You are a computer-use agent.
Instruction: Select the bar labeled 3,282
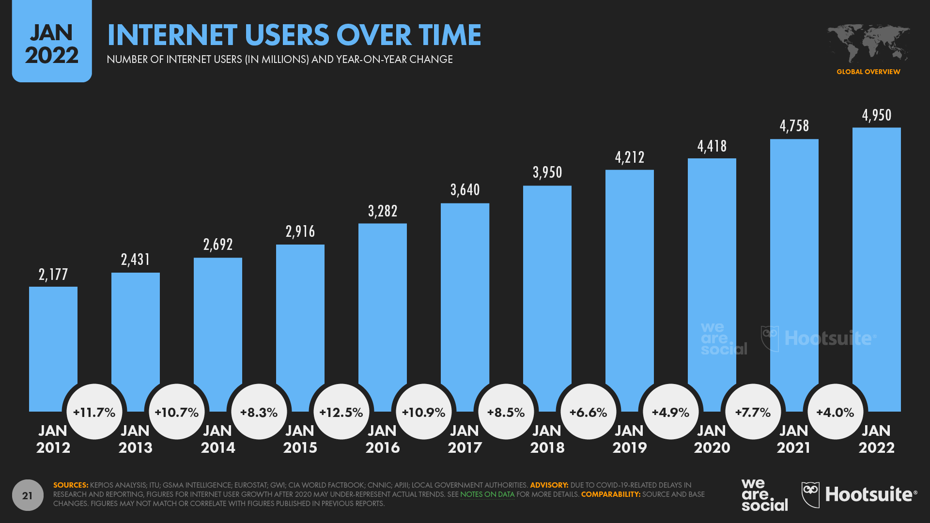[383, 300]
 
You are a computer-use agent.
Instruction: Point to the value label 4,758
[794, 126]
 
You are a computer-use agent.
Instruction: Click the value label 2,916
[300, 231]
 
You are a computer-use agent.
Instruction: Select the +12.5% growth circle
[341, 412]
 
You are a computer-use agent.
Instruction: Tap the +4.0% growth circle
[835, 412]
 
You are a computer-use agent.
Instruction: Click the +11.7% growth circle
[94, 412]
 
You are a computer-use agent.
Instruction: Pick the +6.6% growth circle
[588, 412]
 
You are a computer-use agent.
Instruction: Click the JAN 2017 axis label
[465, 439]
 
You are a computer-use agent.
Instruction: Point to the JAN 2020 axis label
[712, 439]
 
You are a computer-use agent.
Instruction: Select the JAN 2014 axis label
[218, 439]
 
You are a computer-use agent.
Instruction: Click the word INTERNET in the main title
[172, 35]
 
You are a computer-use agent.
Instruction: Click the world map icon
[868, 44]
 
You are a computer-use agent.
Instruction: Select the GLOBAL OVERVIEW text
[868, 72]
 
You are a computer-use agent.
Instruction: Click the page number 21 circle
[28, 495]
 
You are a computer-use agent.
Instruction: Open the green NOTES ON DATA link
[487, 494]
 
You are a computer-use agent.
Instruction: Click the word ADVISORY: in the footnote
[549, 485]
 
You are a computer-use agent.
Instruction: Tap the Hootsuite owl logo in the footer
[811, 494]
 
